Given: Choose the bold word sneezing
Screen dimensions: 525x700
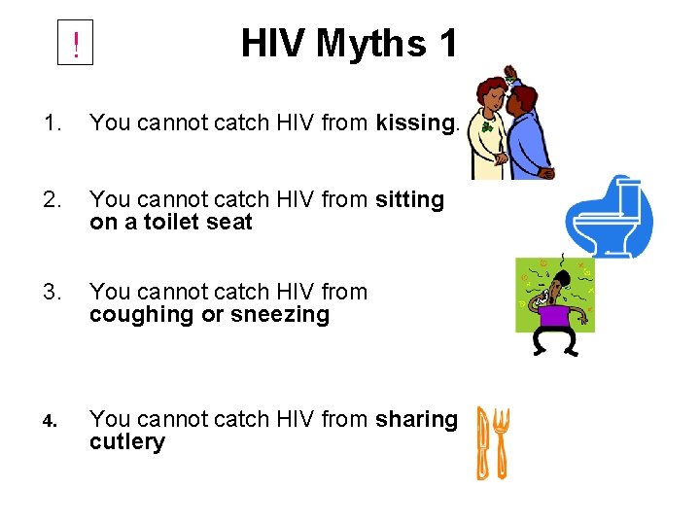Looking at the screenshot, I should tap(281, 315).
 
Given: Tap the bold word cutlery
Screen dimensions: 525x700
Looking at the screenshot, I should tap(127, 442).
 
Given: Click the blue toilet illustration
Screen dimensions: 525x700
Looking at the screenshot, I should tap(609, 217).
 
